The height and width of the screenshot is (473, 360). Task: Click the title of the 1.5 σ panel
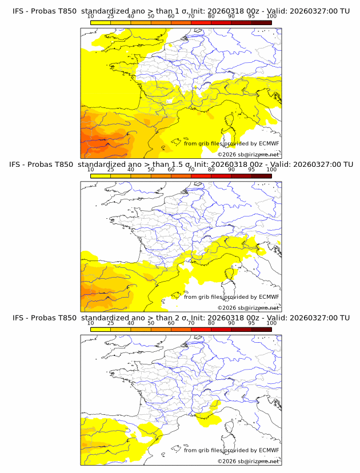coord(181,164)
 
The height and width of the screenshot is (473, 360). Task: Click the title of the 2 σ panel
coord(181,318)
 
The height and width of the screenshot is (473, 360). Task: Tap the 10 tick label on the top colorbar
coord(90,17)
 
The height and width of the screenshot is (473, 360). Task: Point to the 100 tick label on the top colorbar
coord(271,17)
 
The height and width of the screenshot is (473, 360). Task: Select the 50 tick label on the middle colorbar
coord(151,170)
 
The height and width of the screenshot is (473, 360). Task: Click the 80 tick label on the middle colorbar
coord(211,170)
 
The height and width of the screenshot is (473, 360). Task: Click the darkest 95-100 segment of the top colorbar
coord(262,22)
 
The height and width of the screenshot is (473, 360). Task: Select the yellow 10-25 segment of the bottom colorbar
coord(101,330)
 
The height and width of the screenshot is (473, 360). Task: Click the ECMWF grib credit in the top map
coord(231,143)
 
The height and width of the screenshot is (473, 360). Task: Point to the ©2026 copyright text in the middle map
coord(248,308)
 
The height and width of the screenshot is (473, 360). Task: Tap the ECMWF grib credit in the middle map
coord(231,297)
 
